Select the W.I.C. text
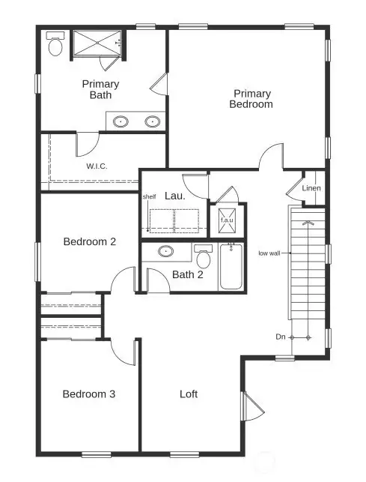click(x=97, y=166)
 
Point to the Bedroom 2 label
click(x=89, y=241)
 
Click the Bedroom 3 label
click(x=88, y=394)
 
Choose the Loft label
click(x=189, y=394)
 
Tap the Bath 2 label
click(x=187, y=274)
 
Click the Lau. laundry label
click(x=174, y=195)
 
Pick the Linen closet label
click(x=311, y=188)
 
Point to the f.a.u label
click(x=225, y=220)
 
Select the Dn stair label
click(x=280, y=337)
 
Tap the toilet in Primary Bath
click(x=55, y=45)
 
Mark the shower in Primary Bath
click(x=97, y=43)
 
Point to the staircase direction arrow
click(x=308, y=222)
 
